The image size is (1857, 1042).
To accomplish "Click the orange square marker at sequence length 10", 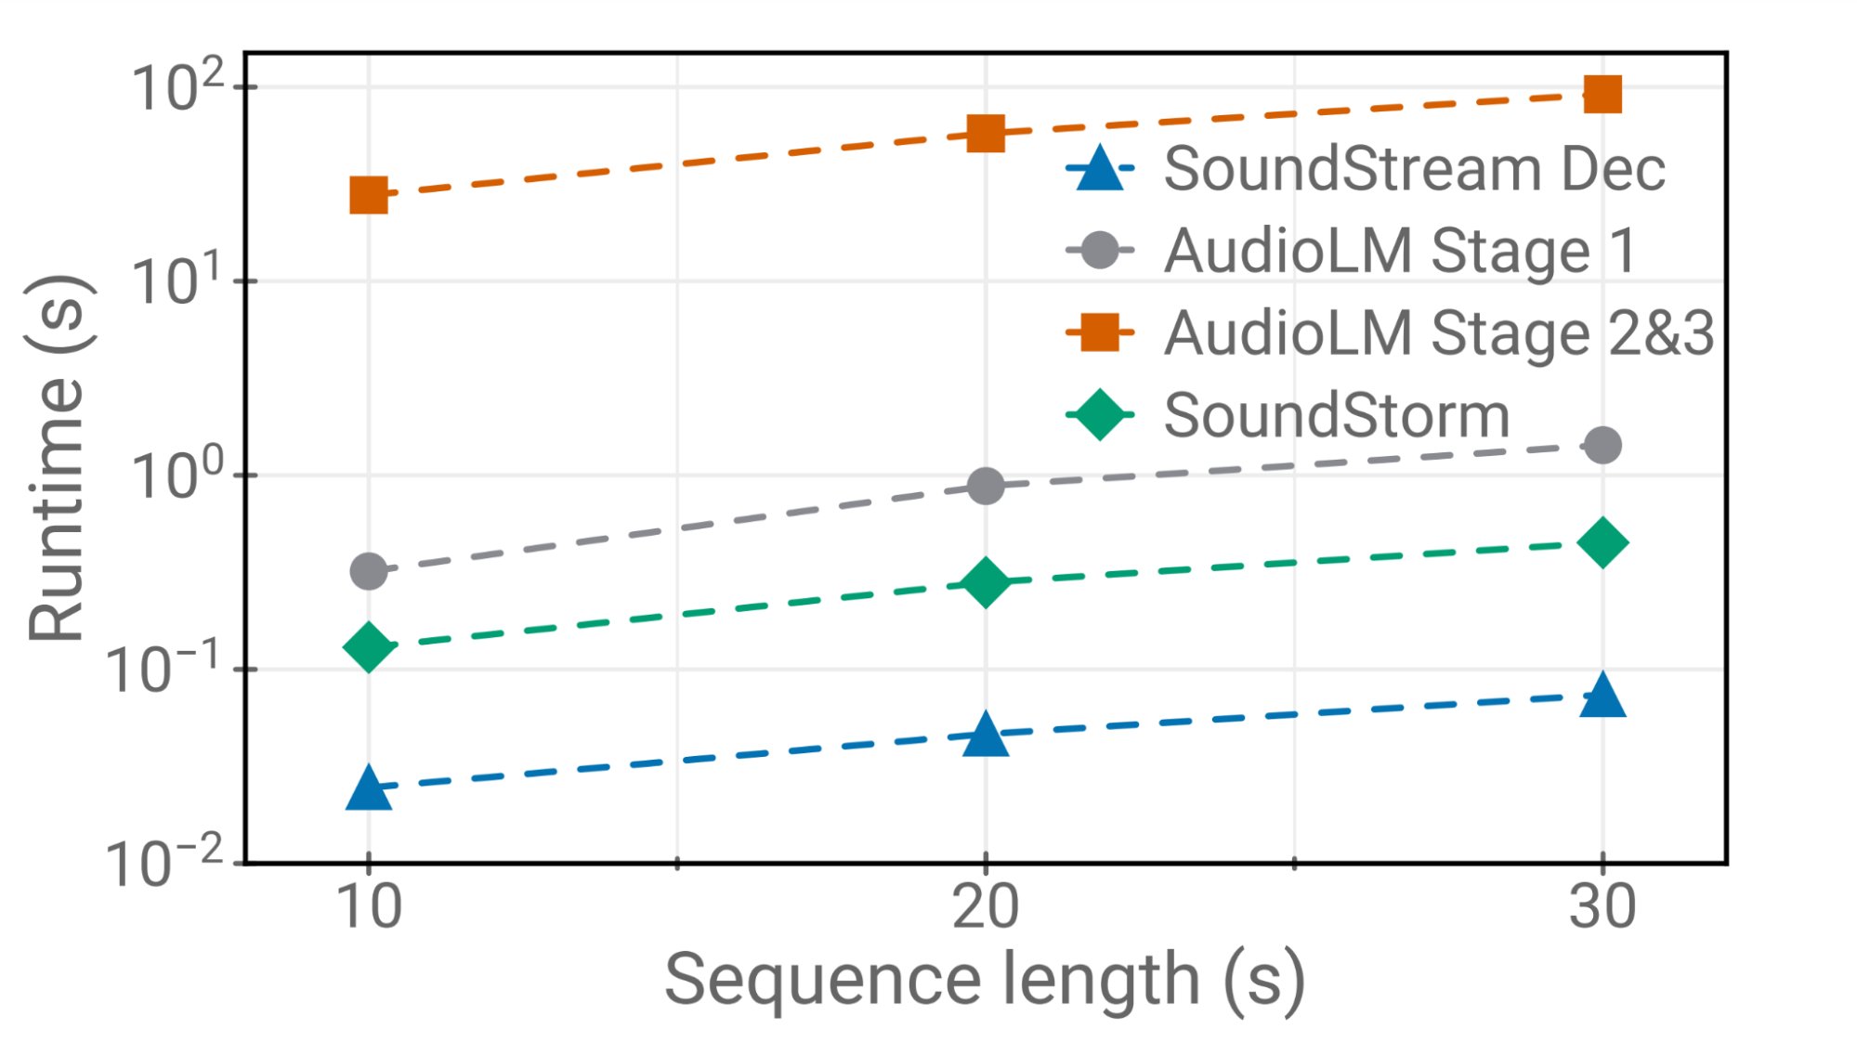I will pos(369,196).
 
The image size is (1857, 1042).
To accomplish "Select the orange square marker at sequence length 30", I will pos(1602,94).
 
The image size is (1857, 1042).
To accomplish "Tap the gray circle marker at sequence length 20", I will pos(986,486).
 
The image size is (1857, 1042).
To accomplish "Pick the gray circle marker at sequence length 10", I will pos(369,571).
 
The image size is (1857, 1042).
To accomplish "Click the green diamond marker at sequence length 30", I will pos(1602,542).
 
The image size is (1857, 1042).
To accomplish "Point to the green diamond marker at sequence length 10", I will pos(369,646).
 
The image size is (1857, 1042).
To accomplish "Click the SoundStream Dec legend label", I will pos(1414,169).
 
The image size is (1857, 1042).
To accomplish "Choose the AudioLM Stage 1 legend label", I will pos(1400,251).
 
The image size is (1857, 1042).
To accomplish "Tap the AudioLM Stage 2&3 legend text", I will pos(1439,332).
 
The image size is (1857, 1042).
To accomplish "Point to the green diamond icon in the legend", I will pos(1100,414).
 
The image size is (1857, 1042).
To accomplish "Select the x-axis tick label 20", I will pos(986,906).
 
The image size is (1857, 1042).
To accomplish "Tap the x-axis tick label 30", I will pos(1602,906).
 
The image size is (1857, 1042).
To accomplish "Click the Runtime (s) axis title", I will pos(58,458).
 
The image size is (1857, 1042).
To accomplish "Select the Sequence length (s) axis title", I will pos(985,981).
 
